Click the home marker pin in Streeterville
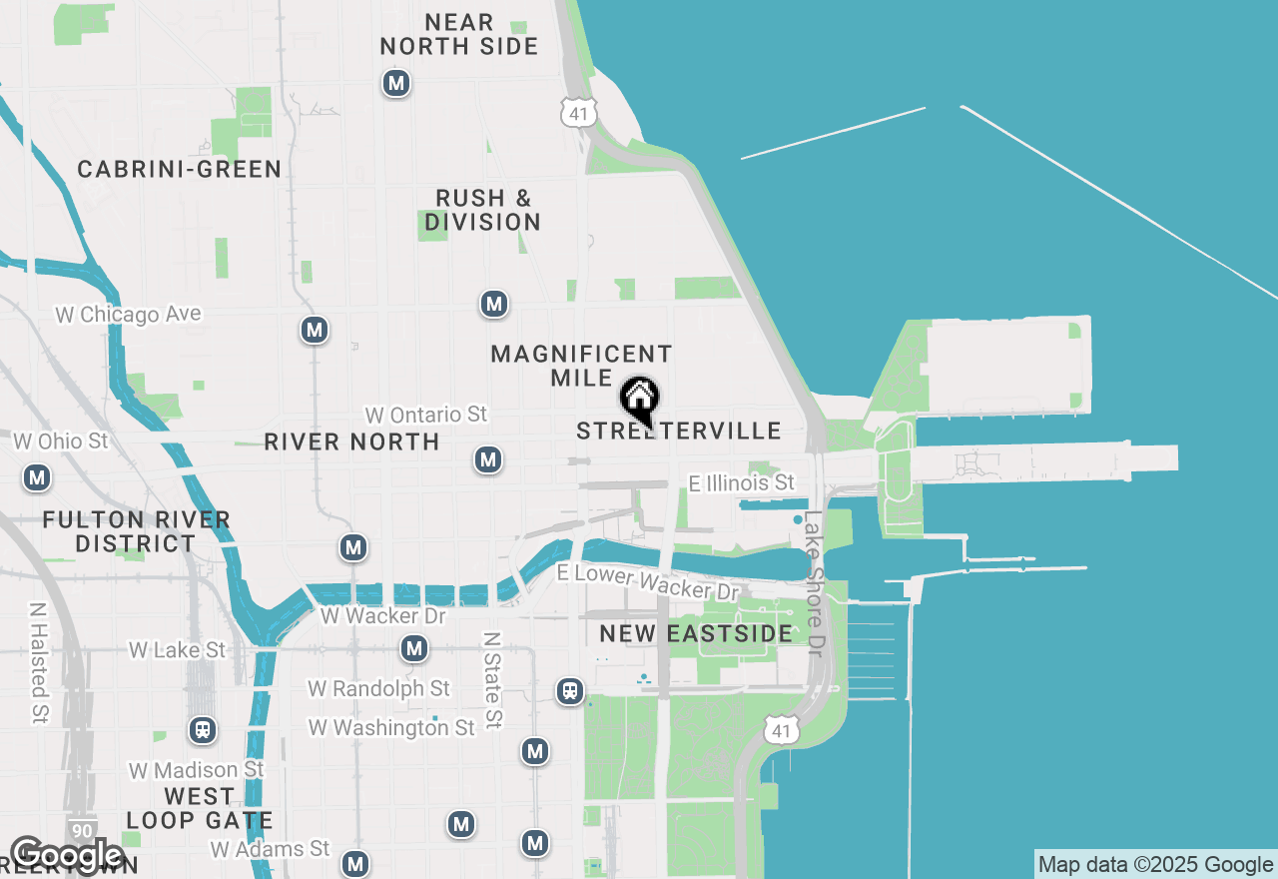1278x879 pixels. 639,400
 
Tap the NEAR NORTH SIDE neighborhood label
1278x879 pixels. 459,34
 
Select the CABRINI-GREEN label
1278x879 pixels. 180,169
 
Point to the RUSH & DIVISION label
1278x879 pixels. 483,210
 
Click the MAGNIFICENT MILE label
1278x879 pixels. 581,366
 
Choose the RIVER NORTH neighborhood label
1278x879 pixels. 351,441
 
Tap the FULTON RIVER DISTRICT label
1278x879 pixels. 137,531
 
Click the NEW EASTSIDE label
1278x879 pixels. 696,633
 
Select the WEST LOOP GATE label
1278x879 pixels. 199,809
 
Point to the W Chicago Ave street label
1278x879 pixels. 128,315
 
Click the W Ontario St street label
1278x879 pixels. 425,414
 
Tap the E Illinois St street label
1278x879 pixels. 742,483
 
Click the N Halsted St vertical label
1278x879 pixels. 39,662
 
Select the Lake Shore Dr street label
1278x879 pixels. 813,584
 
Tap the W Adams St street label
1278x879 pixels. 270,849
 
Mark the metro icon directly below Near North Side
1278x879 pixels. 396,83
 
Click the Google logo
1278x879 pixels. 66,855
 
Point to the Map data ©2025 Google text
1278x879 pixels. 1155,865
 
